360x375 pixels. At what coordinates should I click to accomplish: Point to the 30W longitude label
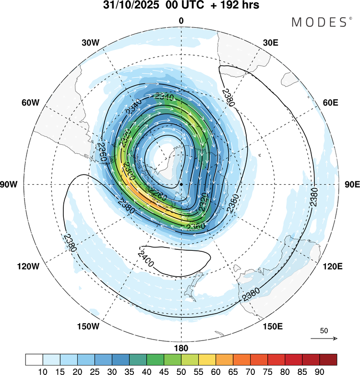point(90,42)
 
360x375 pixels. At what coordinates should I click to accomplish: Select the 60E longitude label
point(331,103)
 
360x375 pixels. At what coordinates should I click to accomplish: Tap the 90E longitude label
point(352,184)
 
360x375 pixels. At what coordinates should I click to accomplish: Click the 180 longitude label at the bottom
point(181,347)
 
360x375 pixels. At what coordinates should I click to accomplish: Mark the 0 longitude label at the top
point(181,21)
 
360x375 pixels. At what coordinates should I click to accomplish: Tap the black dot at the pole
point(181,184)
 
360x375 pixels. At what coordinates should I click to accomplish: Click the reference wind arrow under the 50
point(324,339)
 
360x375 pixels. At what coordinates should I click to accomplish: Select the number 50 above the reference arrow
point(324,331)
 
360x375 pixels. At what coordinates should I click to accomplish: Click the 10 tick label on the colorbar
point(43,371)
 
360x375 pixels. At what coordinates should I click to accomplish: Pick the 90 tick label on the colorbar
point(319,371)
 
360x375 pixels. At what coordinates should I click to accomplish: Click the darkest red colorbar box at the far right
point(328,360)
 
